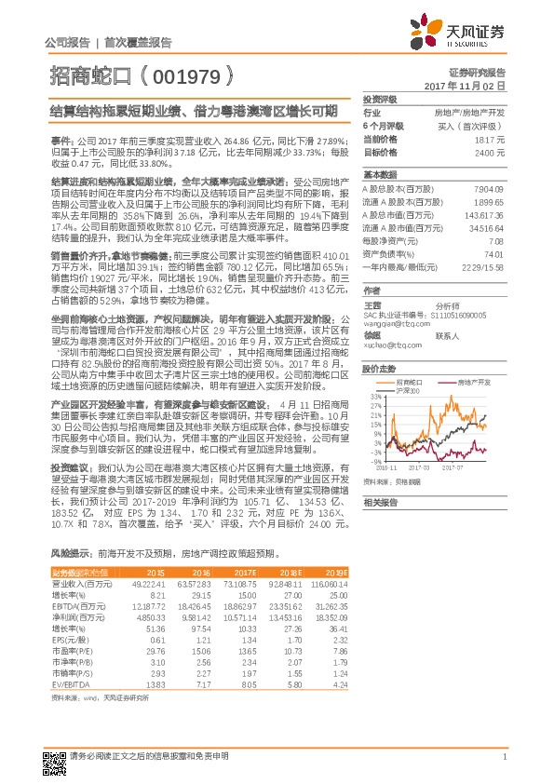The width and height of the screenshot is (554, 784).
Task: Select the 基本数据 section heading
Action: tap(379, 174)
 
